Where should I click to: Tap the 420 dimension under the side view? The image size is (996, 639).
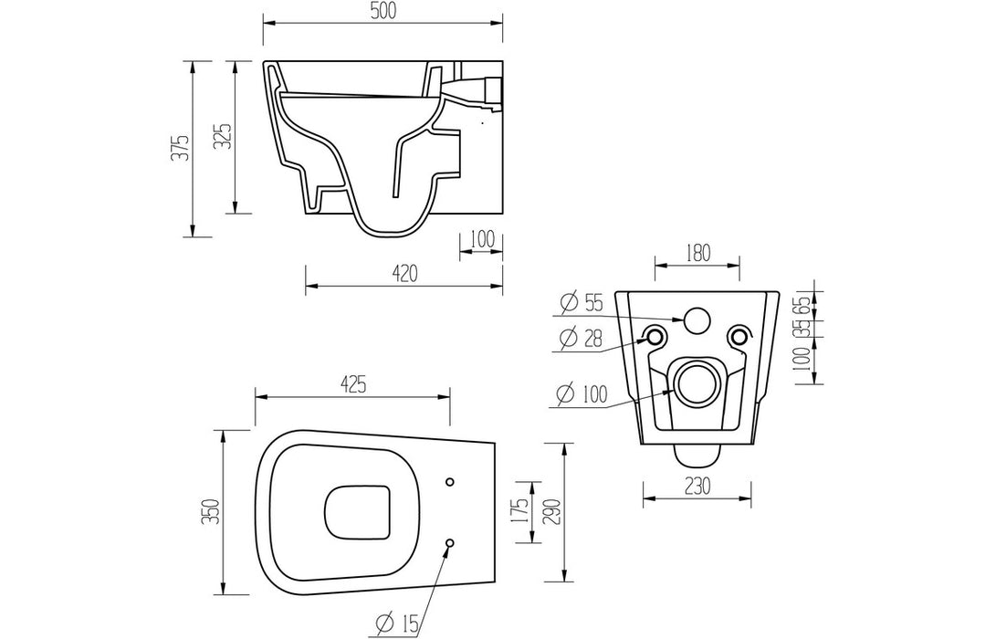tap(404, 272)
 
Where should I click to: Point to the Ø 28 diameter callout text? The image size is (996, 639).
tap(582, 339)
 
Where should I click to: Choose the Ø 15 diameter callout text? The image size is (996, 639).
tap(395, 623)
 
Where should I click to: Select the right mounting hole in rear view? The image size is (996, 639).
tap(739, 337)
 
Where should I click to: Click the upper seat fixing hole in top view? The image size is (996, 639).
tap(449, 482)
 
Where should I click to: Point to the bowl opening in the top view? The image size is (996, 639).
tap(358, 511)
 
